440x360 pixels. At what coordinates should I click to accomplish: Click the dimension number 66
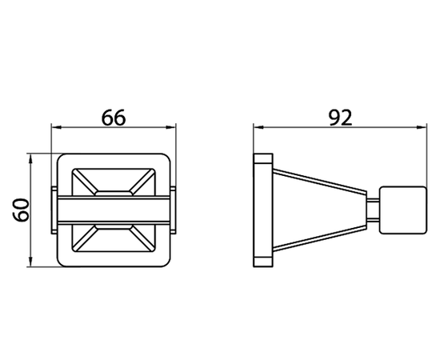click(x=114, y=118)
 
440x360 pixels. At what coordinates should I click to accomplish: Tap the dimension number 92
click(x=340, y=118)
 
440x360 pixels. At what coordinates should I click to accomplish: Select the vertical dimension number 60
click(x=21, y=210)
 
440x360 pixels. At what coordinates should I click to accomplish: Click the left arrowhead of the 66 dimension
click(x=57, y=127)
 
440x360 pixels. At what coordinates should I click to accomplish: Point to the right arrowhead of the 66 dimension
click(x=170, y=127)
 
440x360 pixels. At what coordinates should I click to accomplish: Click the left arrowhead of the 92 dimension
click(x=258, y=127)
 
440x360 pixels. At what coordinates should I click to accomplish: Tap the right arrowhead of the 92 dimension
click(x=422, y=127)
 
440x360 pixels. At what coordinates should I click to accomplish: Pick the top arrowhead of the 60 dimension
click(x=30, y=158)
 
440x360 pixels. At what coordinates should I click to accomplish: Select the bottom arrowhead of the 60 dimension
click(x=30, y=262)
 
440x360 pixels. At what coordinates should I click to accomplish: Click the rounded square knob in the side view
click(x=402, y=210)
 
